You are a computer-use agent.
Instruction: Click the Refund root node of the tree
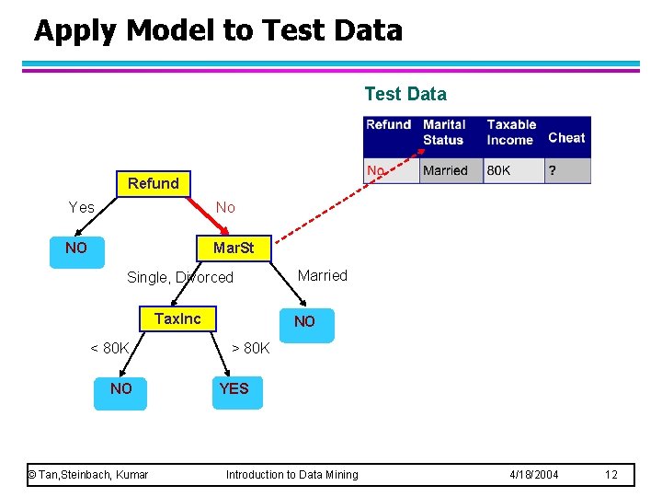point(154,183)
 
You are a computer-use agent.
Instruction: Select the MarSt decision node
point(234,248)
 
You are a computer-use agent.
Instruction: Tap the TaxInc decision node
point(177,318)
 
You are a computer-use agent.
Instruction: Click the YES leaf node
point(234,388)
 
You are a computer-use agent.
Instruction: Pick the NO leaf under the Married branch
point(304,321)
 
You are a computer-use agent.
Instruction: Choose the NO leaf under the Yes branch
point(76,248)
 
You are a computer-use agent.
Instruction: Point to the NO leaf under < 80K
point(121,388)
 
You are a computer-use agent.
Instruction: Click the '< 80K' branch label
point(109,348)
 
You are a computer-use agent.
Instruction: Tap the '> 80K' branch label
point(250,348)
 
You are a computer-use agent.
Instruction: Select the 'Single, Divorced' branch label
point(180,277)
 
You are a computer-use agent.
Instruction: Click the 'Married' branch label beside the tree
point(323,275)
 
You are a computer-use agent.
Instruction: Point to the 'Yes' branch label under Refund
point(82,207)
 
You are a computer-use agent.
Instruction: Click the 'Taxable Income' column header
point(512,132)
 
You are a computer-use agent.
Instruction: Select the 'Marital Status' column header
point(445,132)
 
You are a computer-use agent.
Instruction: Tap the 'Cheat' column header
point(566,137)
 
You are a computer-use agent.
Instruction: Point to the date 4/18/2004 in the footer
point(534,474)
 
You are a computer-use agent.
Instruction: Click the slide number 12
point(611,474)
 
